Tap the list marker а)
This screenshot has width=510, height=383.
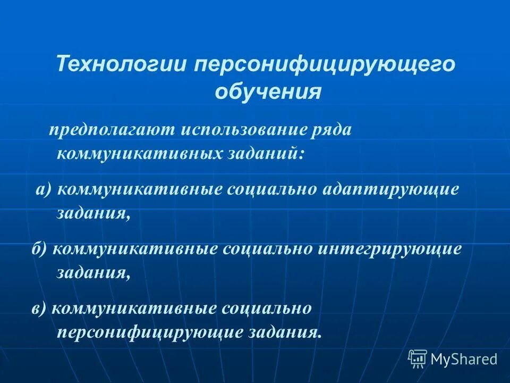click(x=42, y=190)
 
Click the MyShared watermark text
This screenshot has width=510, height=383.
click(x=464, y=360)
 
